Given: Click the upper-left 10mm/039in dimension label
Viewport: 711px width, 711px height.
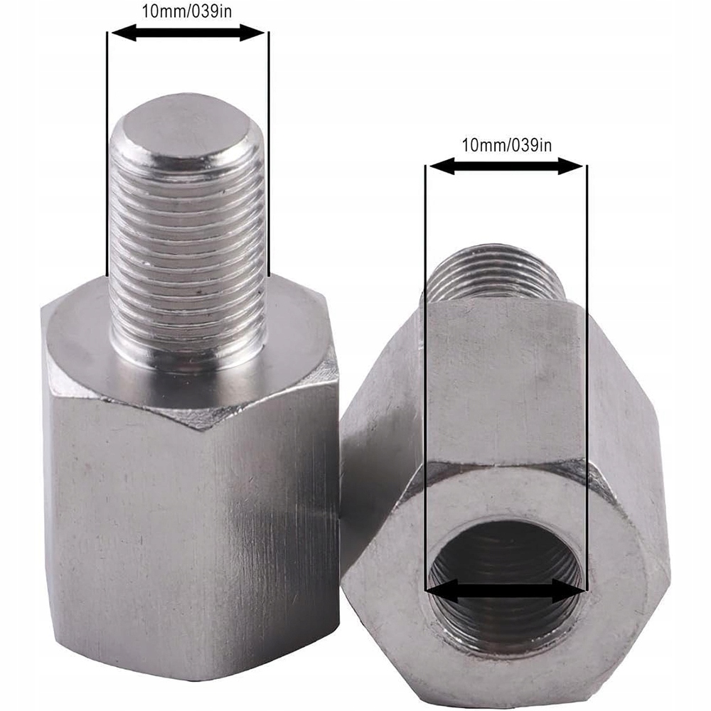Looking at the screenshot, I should point(188,12).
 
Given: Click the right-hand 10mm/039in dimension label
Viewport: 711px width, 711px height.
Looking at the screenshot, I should point(506,146).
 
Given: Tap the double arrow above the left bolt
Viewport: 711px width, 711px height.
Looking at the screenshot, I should point(188,32).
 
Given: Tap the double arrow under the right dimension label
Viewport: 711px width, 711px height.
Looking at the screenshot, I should point(506,166).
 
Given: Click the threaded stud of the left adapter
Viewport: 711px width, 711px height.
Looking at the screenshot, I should point(188,235).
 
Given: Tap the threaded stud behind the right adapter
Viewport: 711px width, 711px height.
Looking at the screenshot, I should point(498,274).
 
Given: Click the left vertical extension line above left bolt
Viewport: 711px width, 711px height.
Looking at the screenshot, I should point(107,156).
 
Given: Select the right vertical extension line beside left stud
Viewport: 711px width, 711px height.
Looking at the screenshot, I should point(269,156).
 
